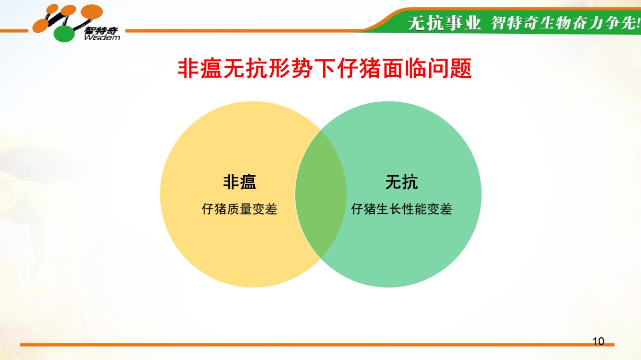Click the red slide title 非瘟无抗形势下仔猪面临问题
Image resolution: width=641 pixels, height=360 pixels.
[x=325, y=69]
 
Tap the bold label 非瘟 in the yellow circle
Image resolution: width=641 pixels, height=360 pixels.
[x=239, y=182]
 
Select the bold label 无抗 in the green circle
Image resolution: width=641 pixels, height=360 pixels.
[x=402, y=182]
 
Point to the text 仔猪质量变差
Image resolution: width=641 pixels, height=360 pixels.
[x=239, y=209]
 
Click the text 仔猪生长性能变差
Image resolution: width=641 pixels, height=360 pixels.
[x=402, y=209]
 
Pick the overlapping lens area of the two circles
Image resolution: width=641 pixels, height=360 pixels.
[x=320, y=194]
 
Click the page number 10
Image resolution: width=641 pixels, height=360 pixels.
[x=598, y=341]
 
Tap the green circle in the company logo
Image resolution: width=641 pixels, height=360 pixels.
[x=65, y=34]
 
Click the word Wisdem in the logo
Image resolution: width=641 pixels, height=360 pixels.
[x=102, y=38]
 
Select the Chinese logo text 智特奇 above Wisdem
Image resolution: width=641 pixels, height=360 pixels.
[x=101, y=30]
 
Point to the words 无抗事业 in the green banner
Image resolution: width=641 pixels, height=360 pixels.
[x=444, y=23]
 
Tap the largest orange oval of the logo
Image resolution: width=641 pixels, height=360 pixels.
[x=92, y=12]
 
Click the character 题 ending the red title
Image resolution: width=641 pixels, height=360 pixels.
[x=461, y=69]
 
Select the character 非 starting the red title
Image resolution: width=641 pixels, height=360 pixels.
[x=188, y=69]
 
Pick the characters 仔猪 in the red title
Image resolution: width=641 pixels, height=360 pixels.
[x=359, y=69]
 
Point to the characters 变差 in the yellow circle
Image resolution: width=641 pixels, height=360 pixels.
[x=265, y=209]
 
